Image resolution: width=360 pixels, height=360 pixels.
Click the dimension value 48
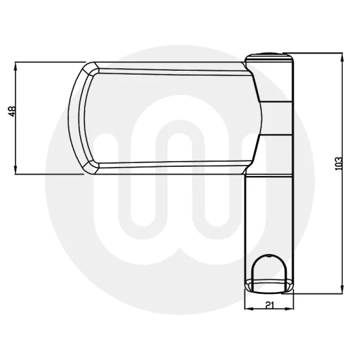pyautogui.click(x=12, y=112)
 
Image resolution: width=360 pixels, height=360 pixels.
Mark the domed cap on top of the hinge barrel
pyautogui.click(x=270, y=58)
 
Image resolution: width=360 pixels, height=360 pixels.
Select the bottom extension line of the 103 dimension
pyautogui.click(x=317, y=292)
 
